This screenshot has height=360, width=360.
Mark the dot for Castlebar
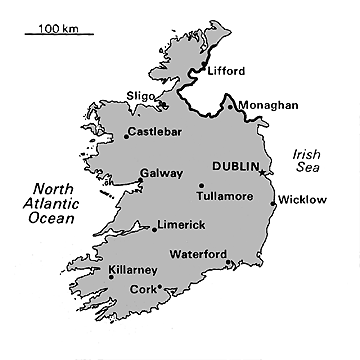(127, 133)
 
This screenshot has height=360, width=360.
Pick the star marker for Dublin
(262, 172)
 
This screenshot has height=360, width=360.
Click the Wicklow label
(302, 200)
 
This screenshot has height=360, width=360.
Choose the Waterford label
(198, 253)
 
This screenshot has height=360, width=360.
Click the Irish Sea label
(304, 161)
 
